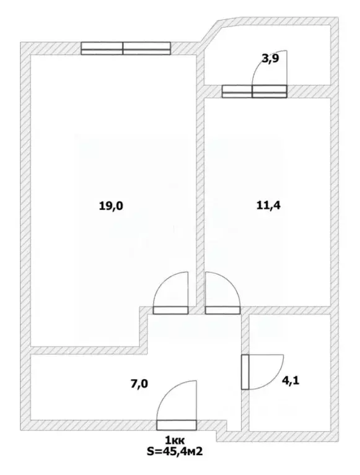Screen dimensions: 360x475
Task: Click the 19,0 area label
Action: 111,206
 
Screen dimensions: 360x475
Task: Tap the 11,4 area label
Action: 268,206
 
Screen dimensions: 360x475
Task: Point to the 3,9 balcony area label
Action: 270,58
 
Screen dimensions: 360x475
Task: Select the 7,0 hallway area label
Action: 139,384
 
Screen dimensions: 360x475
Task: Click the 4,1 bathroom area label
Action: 291,380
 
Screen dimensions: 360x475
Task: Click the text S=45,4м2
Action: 175,451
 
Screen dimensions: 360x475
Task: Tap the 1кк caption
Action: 175,440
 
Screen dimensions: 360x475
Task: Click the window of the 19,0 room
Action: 126,48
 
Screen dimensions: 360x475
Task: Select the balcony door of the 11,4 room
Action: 254,92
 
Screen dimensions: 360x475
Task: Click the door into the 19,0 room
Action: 170,310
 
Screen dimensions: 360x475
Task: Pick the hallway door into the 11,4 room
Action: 222,310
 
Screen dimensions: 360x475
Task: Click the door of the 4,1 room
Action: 245,372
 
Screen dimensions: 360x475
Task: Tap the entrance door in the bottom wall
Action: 177,425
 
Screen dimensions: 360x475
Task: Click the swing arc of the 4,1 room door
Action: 273,378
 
